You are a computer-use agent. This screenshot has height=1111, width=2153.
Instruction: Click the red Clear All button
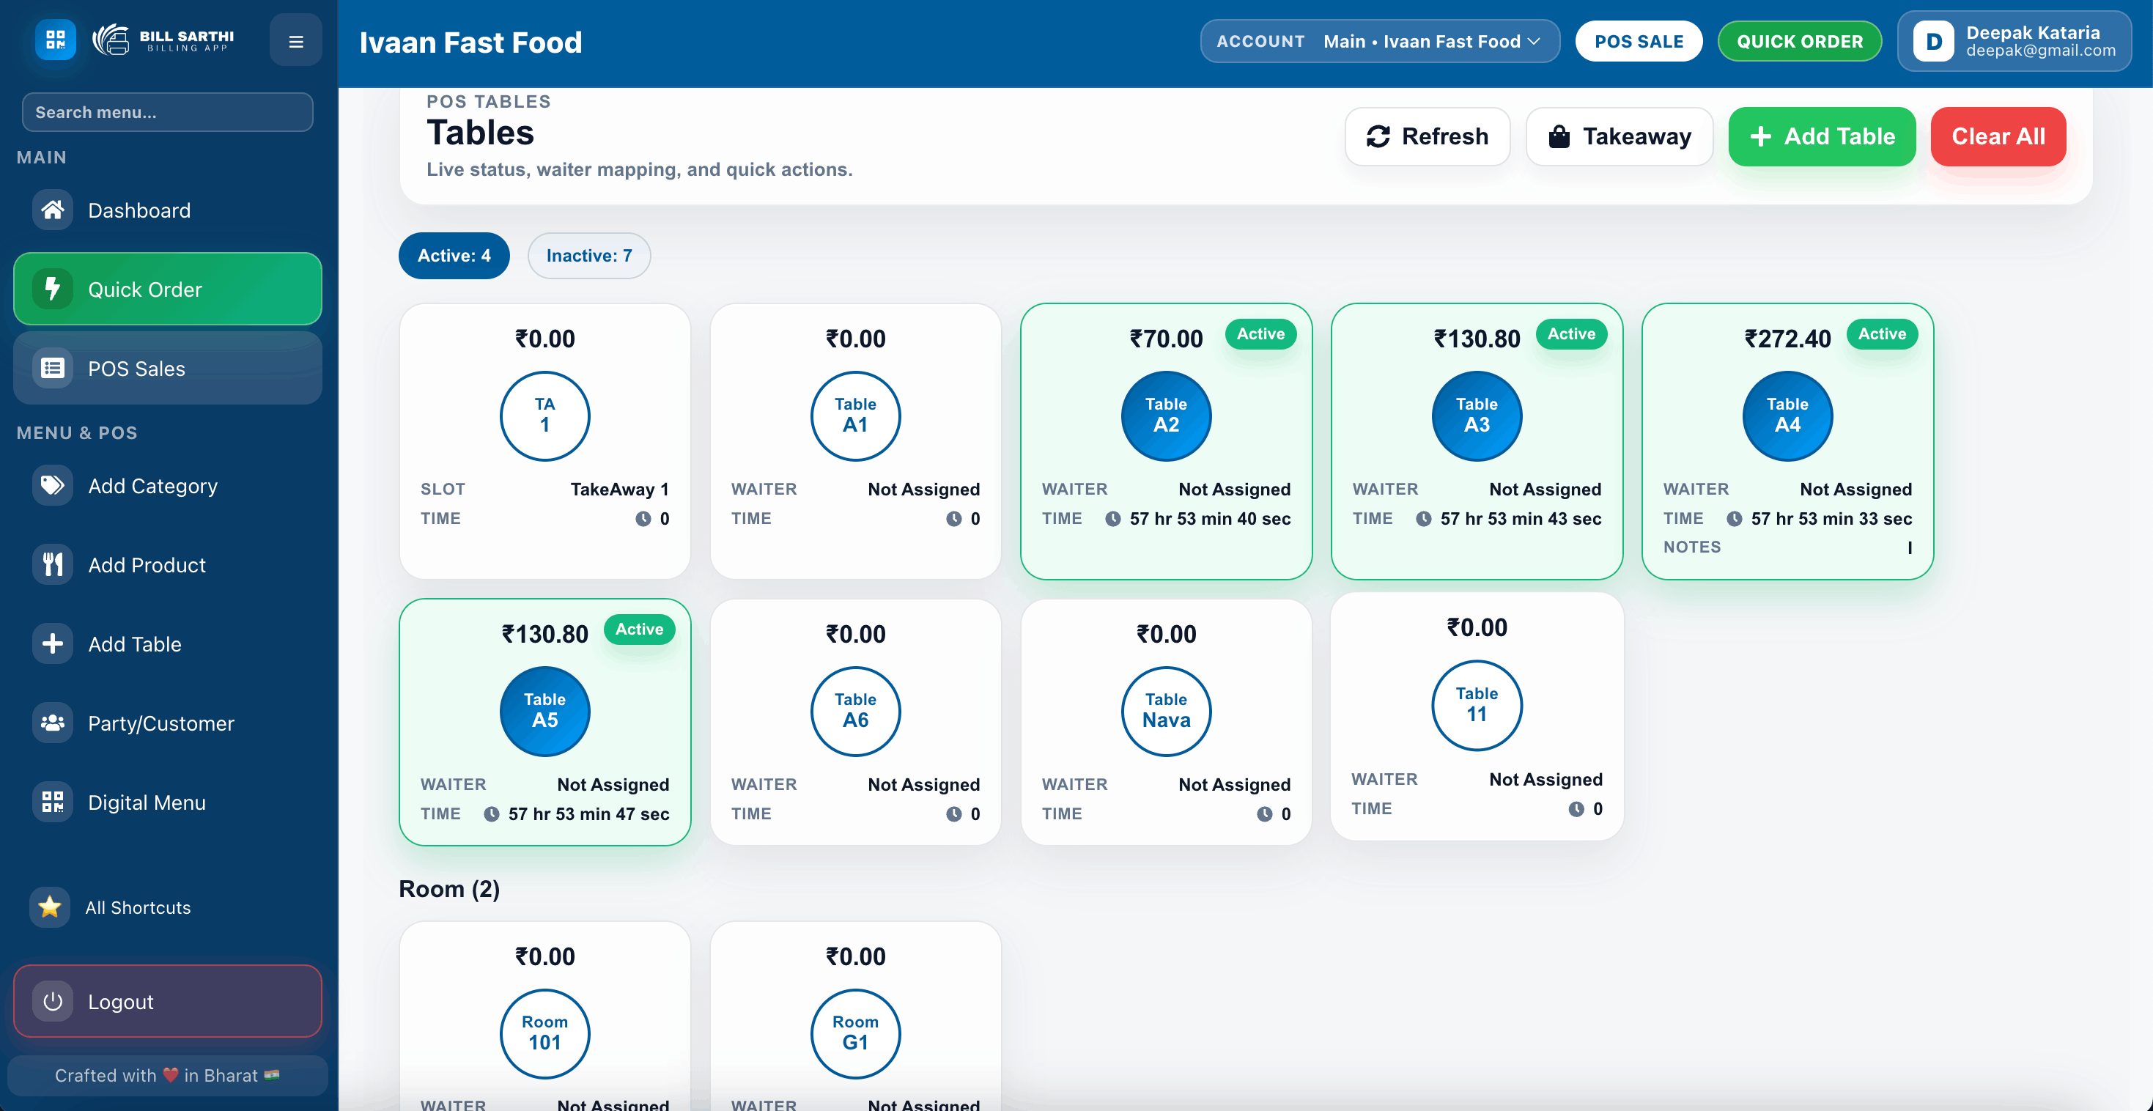(x=1998, y=136)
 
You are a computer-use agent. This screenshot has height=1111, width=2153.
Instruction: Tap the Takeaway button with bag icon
(x=1619, y=136)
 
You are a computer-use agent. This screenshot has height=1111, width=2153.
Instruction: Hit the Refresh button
(x=1427, y=136)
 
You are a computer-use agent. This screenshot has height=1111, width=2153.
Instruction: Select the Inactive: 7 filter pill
(x=588, y=256)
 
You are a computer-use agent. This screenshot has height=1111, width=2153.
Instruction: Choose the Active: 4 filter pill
(x=454, y=256)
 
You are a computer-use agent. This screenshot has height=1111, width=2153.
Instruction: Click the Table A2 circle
(x=1166, y=416)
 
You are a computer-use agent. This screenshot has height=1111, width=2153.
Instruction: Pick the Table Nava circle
(x=1166, y=711)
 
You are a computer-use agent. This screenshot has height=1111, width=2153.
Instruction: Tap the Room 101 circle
(x=545, y=1033)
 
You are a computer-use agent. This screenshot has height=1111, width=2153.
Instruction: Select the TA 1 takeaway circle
(x=545, y=416)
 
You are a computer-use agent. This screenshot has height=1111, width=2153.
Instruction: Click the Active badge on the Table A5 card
(x=640, y=630)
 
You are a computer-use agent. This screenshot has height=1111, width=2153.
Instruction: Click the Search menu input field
(x=167, y=112)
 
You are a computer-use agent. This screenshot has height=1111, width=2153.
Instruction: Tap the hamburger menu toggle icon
(x=296, y=41)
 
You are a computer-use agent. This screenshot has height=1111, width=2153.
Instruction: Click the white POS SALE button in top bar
(x=1638, y=41)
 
